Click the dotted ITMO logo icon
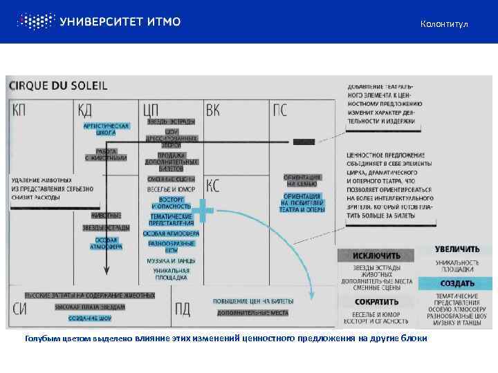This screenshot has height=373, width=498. point(35,21)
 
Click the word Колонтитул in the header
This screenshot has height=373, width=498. point(444,25)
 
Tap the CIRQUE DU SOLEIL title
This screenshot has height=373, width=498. point(58,86)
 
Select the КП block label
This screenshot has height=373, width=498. point(21,110)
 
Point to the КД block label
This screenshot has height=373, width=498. point(85,110)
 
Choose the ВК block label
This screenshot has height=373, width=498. point(214,110)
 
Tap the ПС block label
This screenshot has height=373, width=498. point(282,110)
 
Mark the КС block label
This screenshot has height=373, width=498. point(214,184)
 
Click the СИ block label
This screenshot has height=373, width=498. point(21,309)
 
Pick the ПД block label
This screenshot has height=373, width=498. point(183,309)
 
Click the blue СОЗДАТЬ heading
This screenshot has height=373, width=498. point(457,283)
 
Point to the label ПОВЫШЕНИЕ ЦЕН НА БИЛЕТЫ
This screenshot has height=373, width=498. point(253,302)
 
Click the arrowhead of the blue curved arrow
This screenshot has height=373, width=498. point(312,296)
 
